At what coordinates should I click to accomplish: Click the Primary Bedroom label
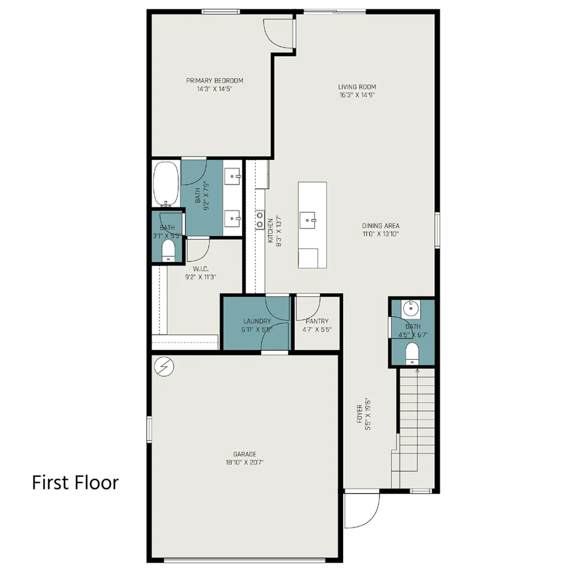click(215, 81)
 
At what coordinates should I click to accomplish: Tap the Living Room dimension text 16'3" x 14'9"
click(357, 95)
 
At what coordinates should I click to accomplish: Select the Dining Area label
click(381, 226)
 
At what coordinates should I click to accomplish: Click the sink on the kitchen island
click(308, 220)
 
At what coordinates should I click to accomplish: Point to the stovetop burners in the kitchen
click(259, 220)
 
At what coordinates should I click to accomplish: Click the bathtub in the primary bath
click(166, 184)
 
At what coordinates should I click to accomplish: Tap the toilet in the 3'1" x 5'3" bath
click(168, 250)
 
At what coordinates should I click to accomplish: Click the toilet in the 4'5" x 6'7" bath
click(412, 354)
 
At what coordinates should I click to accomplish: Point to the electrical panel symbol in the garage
click(165, 366)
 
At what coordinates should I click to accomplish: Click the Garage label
click(245, 454)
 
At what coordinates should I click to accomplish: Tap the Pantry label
click(317, 321)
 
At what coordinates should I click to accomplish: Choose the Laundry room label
click(257, 321)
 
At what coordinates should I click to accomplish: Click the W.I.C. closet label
click(200, 269)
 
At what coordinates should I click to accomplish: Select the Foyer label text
click(360, 414)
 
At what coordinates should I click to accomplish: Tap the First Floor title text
click(76, 482)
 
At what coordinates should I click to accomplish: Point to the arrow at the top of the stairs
click(417, 372)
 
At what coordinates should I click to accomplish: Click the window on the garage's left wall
click(149, 429)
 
